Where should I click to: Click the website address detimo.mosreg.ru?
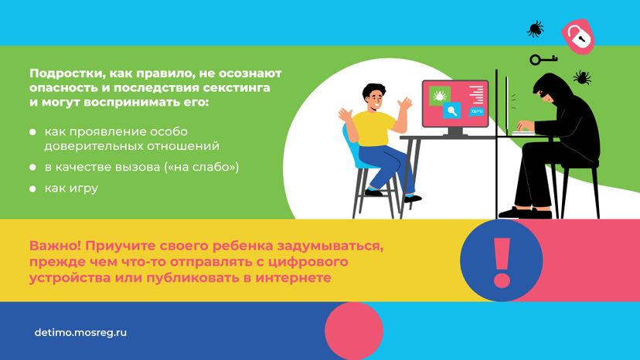[80, 332]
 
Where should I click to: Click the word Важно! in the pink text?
[56, 246]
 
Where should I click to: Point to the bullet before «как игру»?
[32, 188]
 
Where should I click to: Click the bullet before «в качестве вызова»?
[32, 168]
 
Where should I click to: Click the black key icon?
[543, 59]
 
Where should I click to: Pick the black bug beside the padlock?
[535, 29]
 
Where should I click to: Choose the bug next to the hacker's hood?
[582, 77]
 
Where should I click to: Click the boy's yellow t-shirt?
[373, 128]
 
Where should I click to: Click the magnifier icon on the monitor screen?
[452, 110]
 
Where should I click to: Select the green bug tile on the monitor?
[440, 97]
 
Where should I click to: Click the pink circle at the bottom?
[354, 331]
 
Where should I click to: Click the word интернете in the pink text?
[293, 277]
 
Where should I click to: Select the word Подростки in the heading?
[63, 74]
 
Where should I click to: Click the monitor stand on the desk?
[455, 131]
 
